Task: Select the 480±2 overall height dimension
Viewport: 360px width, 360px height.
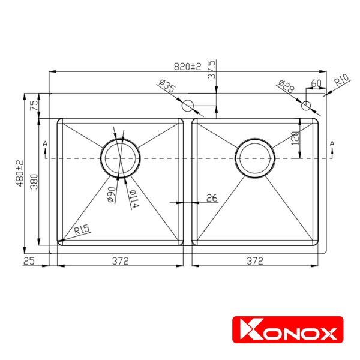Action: (20, 172)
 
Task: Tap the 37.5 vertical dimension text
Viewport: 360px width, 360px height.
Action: (211, 70)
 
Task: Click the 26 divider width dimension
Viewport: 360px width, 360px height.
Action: (211, 197)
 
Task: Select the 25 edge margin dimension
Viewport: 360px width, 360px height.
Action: (29, 260)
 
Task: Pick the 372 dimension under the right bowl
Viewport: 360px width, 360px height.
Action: (255, 260)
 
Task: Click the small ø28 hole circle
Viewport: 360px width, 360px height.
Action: (307, 106)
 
